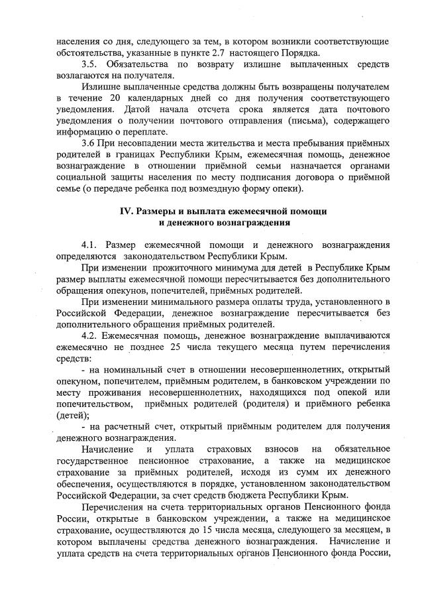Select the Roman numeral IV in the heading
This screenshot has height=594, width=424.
(x=126, y=211)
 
